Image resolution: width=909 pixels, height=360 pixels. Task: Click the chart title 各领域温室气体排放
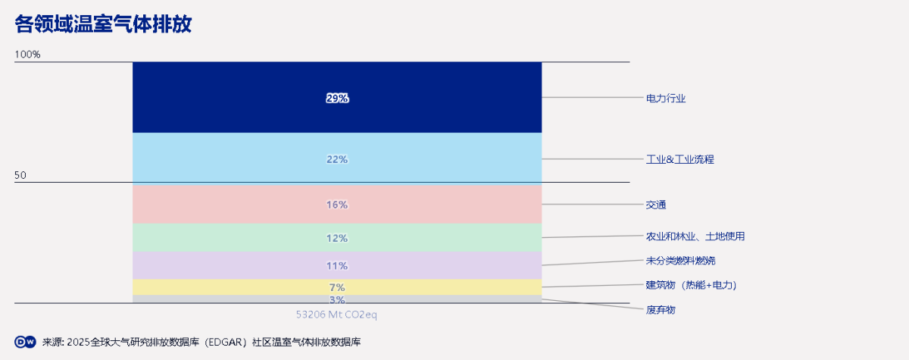point(103,25)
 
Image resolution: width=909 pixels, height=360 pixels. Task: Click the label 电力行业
point(666,98)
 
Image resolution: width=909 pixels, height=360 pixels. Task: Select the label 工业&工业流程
point(679,159)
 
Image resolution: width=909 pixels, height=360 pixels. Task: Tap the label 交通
point(656,205)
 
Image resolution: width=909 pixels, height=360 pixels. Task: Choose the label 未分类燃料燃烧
point(680,261)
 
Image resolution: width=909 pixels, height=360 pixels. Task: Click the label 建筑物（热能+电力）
point(691,285)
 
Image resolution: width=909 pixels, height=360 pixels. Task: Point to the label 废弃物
point(661,310)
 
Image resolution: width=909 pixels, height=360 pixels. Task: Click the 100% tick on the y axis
point(27,55)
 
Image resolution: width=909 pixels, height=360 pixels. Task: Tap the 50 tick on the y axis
point(20,176)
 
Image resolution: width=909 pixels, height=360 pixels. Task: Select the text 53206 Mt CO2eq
point(336,314)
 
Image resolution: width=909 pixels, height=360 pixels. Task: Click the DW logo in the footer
point(26,342)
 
